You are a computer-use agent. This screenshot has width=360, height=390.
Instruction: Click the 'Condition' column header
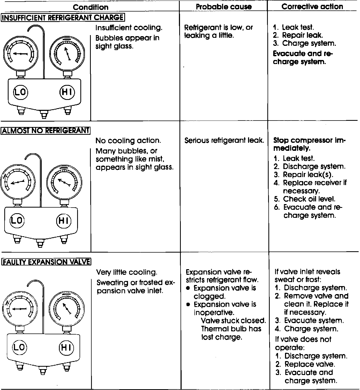(x=91, y=7)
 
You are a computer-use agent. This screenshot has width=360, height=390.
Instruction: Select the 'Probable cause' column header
(x=224, y=7)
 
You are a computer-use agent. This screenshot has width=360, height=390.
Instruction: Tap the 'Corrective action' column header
(x=312, y=7)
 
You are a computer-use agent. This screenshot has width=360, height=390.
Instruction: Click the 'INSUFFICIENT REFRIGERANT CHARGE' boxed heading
(x=63, y=18)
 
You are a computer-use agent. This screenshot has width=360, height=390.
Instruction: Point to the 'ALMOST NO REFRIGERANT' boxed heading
(x=46, y=130)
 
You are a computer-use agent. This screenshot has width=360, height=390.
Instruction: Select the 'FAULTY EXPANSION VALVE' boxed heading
(x=46, y=262)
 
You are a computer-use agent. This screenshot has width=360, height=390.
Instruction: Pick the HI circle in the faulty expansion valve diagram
(x=66, y=347)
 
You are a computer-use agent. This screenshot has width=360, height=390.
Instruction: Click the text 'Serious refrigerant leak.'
(x=224, y=140)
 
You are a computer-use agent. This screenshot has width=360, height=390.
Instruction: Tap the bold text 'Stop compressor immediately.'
(x=310, y=144)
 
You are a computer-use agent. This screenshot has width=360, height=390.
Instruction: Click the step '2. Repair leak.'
(x=298, y=35)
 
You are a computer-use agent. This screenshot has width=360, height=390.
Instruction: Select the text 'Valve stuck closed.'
(x=233, y=321)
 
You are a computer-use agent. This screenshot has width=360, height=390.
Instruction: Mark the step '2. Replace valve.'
(x=305, y=364)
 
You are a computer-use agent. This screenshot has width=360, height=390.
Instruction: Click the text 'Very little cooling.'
(x=127, y=272)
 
